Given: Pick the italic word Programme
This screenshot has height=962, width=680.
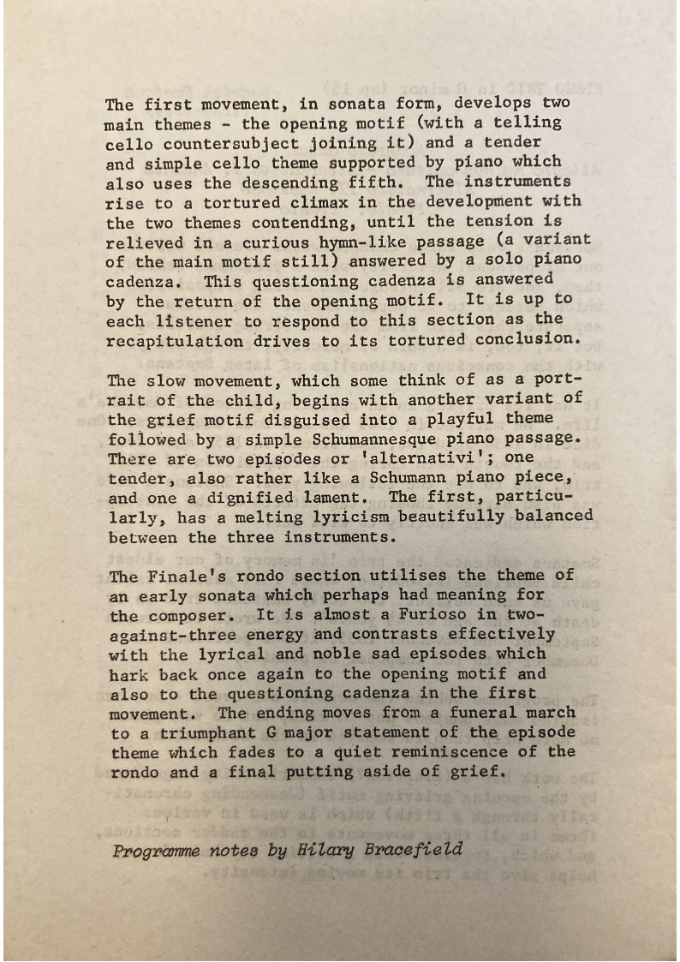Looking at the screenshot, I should pyautogui.click(x=155, y=851).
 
